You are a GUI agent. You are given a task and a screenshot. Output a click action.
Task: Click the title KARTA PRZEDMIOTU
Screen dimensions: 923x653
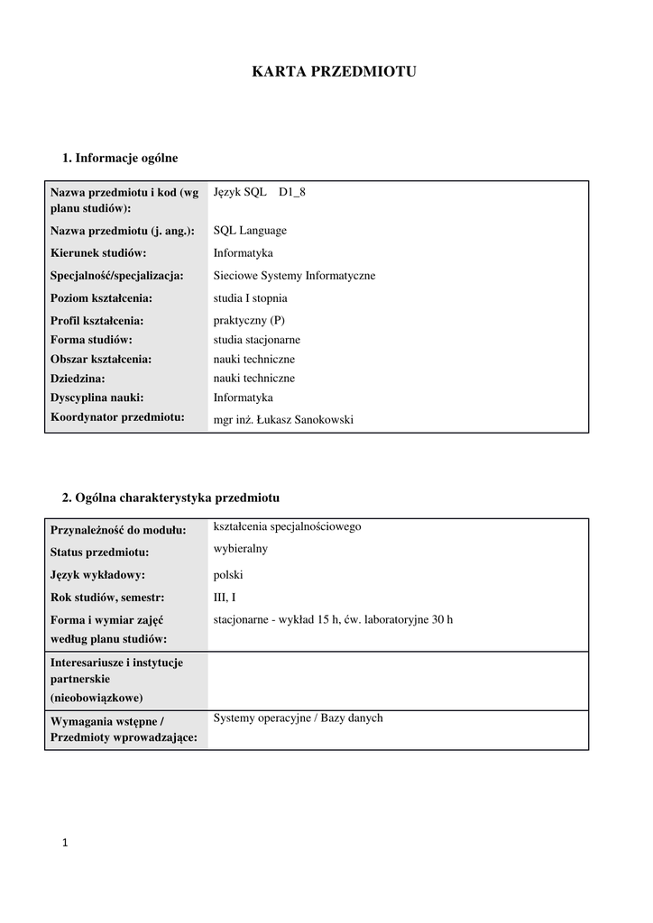334,72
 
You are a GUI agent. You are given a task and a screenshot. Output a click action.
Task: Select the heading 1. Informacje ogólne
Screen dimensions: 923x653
120,158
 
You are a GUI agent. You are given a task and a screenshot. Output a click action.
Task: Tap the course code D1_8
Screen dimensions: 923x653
292,192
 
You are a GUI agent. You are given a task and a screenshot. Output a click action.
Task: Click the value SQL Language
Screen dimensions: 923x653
250,231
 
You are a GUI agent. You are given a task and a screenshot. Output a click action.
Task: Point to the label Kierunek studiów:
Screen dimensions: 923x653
98,253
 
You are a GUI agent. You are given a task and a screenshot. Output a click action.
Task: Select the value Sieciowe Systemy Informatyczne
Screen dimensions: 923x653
294,276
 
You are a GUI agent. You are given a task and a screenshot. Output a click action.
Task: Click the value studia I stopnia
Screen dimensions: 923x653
252,298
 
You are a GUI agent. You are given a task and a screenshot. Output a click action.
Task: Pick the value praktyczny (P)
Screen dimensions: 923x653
249,320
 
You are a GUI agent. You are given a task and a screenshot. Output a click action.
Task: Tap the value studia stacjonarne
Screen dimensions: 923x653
257,340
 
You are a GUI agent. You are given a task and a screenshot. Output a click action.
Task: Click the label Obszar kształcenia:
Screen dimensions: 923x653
101,359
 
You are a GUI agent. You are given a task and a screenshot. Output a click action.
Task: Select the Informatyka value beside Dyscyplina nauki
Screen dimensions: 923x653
243,397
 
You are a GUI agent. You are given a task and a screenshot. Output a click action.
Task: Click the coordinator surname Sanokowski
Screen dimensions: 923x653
323,418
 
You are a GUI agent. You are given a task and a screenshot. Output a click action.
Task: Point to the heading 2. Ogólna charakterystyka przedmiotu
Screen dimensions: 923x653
170,498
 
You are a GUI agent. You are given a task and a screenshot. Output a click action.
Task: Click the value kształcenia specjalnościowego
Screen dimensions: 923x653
287,526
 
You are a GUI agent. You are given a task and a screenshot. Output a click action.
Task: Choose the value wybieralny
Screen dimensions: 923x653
240,548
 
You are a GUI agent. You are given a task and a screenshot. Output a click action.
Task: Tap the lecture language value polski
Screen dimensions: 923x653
228,575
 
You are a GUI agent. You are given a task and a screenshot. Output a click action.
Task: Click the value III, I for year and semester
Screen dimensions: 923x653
225,597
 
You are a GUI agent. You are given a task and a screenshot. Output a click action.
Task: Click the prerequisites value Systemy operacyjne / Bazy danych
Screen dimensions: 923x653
298,718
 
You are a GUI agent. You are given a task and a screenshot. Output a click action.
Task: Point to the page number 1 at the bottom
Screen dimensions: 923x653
65,844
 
